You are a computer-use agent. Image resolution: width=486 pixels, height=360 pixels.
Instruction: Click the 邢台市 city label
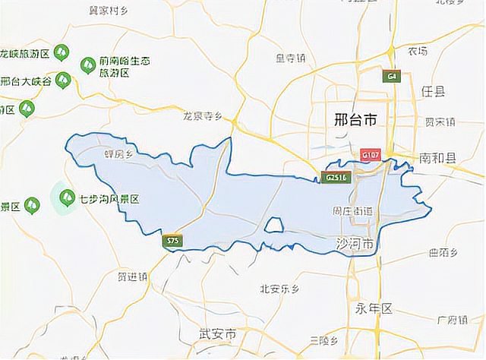pyautogui.click(x=355, y=119)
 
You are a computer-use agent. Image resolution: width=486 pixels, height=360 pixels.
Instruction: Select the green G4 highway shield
pyautogui.click(x=392, y=76)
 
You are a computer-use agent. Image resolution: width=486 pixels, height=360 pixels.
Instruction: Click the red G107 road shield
pyautogui.click(x=371, y=154)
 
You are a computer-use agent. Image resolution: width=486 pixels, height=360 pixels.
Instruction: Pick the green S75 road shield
pyautogui.click(x=173, y=241)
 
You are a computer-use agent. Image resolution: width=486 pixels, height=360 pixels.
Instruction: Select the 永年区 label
pyautogui.click(x=372, y=308)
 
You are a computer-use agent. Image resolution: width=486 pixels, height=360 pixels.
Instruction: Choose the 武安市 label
pyautogui.click(x=217, y=333)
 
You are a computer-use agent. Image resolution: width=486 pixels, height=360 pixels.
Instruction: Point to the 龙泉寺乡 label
pyautogui.click(x=201, y=116)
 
